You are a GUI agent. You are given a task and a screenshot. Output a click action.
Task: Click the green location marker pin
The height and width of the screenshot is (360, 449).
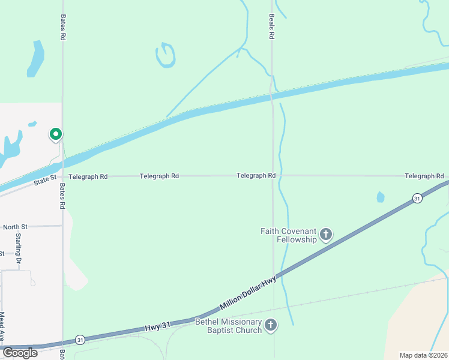(56, 134)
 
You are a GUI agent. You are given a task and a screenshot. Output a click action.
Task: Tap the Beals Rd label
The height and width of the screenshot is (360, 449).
(271, 26)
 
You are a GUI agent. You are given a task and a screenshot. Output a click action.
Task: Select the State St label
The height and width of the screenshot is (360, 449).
(44, 178)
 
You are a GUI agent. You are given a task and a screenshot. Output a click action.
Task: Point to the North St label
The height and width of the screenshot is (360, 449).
(15, 227)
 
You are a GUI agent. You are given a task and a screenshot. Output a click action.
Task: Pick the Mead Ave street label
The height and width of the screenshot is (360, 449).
(2, 324)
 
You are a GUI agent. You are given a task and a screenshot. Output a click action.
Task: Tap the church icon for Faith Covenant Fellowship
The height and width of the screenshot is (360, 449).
(326, 234)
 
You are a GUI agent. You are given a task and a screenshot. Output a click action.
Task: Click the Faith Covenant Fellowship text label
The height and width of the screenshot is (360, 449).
(288, 235)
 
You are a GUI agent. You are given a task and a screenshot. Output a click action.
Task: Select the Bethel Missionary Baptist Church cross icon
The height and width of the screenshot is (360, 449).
(271, 326)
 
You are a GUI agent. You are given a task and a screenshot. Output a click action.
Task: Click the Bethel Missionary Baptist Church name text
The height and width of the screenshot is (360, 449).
(229, 326)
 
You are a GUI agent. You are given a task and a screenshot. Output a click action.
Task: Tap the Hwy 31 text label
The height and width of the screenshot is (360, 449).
(158, 325)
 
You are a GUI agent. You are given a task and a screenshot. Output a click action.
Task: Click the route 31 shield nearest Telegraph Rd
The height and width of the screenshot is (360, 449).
(417, 198)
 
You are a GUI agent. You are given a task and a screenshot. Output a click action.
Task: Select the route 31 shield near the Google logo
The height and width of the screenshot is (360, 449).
(80, 340)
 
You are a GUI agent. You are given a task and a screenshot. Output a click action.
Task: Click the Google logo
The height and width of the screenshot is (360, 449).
(20, 352)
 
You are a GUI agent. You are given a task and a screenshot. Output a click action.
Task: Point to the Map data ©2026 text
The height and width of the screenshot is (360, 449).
(423, 355)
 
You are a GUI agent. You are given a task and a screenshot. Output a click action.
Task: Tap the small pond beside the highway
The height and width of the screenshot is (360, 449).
(380, 197)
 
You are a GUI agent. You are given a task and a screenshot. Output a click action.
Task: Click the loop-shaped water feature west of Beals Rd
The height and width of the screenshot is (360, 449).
(165, 55)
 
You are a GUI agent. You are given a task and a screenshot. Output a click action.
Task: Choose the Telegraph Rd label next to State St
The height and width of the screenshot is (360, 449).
(88, 177)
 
